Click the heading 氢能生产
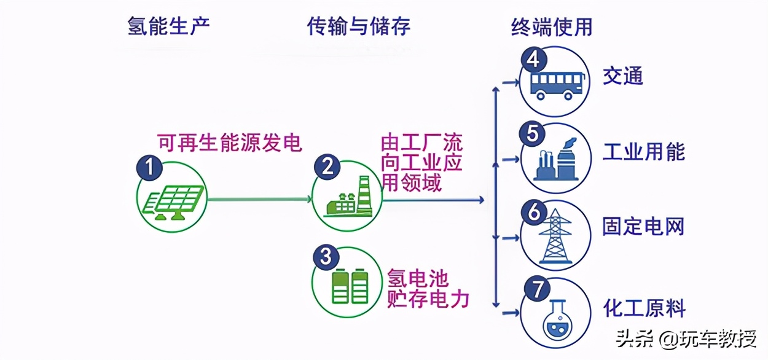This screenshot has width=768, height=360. (168, 26)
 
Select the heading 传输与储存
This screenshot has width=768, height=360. (359, 26)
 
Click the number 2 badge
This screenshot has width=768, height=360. (327, 166)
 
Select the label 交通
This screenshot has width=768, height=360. (622, 76)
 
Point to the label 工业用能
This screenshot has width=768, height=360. (643, 152)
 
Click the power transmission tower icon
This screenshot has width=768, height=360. (555, 237)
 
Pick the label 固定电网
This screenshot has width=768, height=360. (643, 227)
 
